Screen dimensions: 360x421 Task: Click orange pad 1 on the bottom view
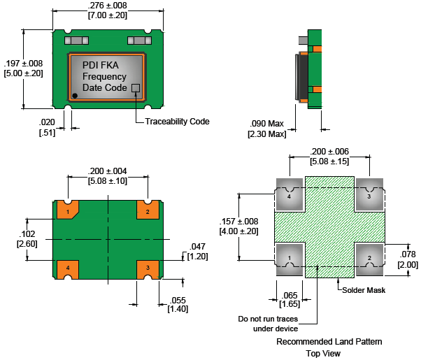pyautogui.click(x=68, y=210)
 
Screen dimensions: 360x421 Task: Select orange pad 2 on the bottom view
pyautogui.click(x=148, y=210)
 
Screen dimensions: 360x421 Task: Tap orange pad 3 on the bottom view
pyautogui.click(x=148, y=268)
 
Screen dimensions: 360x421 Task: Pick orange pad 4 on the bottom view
pyautogui.click(x=68, y=268)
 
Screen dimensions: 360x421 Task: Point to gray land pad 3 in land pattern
pyautogui.click(x=369, y=194)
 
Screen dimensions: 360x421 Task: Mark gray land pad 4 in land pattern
pyautogui.click(x=290, y=194)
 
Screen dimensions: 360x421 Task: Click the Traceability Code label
pyautogui.click(x=177, y=121)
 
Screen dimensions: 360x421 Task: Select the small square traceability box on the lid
pyautogui.click(x=136, y=88)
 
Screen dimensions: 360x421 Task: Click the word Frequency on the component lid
pyautogui.click(x=104, y=76)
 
